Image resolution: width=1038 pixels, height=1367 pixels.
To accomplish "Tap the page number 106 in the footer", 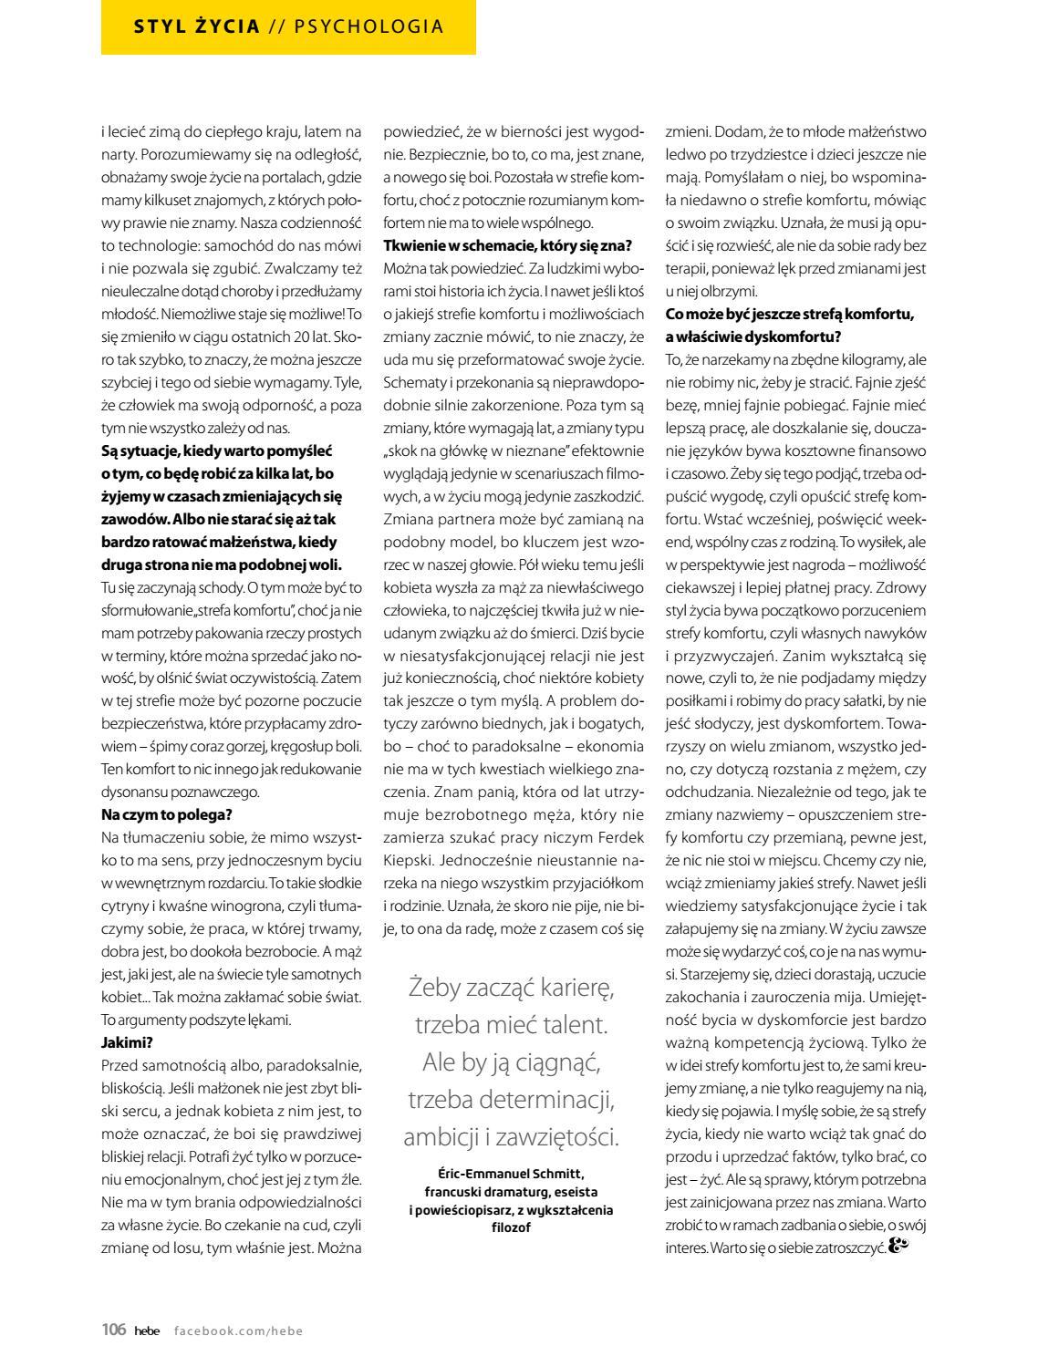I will pyautogui.click(x=113, y=1330).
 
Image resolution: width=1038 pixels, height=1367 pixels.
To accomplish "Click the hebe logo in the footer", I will pyautogui.click(x=147, y=1331).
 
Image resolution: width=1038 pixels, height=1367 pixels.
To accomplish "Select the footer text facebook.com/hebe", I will pyautogui.click(x=238, y=1331).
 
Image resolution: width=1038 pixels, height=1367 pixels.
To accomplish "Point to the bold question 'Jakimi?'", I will pyautogui.click(x=127, y=1042).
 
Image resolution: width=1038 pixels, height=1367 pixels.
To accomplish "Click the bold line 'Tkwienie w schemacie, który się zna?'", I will pyautogui.click(x=507, y=245).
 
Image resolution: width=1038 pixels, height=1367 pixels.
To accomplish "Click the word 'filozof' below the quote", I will pyautogui.click(x=511, y=1227).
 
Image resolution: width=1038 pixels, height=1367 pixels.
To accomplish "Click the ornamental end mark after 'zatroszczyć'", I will pyautogui.click(x=899, y=1247).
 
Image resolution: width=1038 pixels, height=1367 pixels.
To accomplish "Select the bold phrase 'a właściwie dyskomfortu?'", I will pyautogui.click(x=753, y=336).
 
